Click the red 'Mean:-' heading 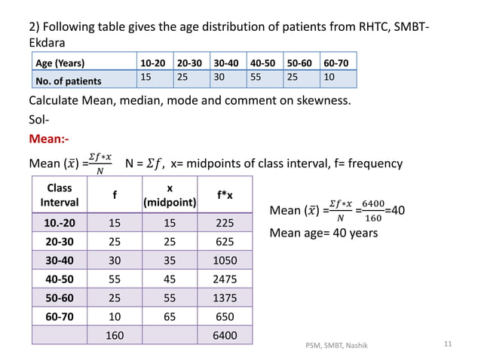(51, 139)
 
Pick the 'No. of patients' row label (69, 79)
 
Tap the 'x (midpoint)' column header (170, 195)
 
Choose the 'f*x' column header (225, 195)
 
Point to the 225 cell (225, 223)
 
